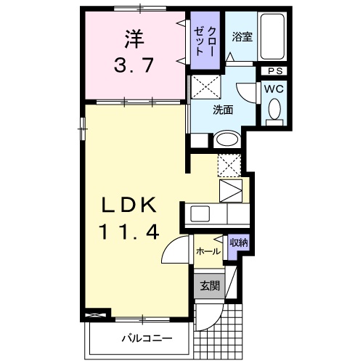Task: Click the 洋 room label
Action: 134,39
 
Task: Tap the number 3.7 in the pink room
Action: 134,65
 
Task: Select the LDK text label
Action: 129,205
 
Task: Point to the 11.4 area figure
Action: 129,232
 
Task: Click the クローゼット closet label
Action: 205,41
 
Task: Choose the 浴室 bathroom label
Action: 242,36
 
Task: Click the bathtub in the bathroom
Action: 272,36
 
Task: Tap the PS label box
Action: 275,71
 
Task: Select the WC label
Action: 274,89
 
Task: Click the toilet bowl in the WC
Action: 274,110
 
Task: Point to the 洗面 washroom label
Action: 223,110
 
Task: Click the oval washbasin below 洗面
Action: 227,139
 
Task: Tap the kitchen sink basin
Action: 200,213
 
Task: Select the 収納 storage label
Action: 239,242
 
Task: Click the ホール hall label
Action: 208,251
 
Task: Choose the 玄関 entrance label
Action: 210,286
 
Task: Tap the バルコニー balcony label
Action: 147,338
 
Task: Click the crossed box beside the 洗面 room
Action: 206,87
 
